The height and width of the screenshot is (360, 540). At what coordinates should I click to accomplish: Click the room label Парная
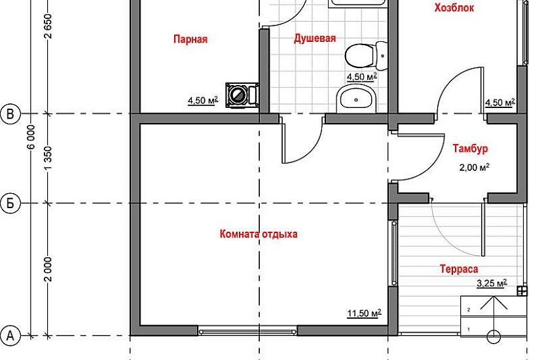coord(190,39)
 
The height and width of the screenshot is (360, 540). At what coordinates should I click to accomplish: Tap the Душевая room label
coord(315,38)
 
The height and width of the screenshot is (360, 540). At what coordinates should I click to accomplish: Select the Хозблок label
coord(454,8)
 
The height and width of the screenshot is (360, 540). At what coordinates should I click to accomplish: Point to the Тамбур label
coord(470,149)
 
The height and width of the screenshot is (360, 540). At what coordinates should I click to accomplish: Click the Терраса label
coord(459,269)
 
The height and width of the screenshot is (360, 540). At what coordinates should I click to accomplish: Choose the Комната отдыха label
coord(259,234)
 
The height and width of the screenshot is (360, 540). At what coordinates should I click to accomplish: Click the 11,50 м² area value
coord(365,313)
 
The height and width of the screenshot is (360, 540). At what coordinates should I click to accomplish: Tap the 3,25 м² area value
coord(492,283)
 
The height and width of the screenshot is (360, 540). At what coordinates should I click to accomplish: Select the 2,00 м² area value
coord(475,168)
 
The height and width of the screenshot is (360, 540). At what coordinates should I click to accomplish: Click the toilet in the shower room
coord(366,56)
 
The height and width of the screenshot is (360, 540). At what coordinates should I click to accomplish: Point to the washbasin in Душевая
coord(357,99)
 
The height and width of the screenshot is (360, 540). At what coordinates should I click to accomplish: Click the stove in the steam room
coord(242,95)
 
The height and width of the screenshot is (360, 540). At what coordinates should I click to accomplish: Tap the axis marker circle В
coord(10,114)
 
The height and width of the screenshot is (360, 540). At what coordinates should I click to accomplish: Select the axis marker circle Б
coord(10,204)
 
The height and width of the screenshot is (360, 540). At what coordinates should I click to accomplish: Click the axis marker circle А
coord(10,335)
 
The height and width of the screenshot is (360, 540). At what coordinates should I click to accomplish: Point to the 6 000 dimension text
coord(31,137)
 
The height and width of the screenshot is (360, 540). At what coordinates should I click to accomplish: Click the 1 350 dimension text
coord(48,158)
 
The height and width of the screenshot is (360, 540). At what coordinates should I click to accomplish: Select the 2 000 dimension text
coord(48,269)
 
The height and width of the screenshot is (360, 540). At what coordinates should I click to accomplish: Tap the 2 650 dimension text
coord(48,26)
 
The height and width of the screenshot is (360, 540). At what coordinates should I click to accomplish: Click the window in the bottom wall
coord(247,332)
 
